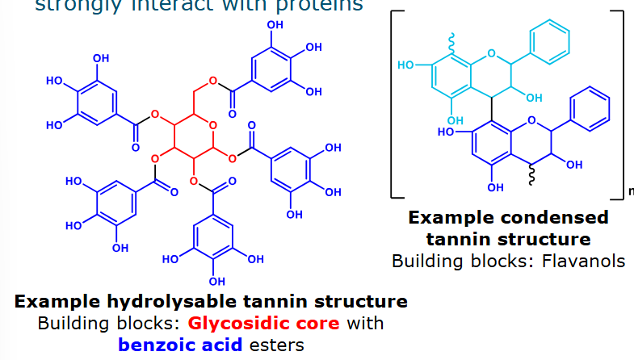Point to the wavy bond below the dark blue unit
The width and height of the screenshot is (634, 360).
(530, 175)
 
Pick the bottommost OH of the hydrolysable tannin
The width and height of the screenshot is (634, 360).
(216, 281)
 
